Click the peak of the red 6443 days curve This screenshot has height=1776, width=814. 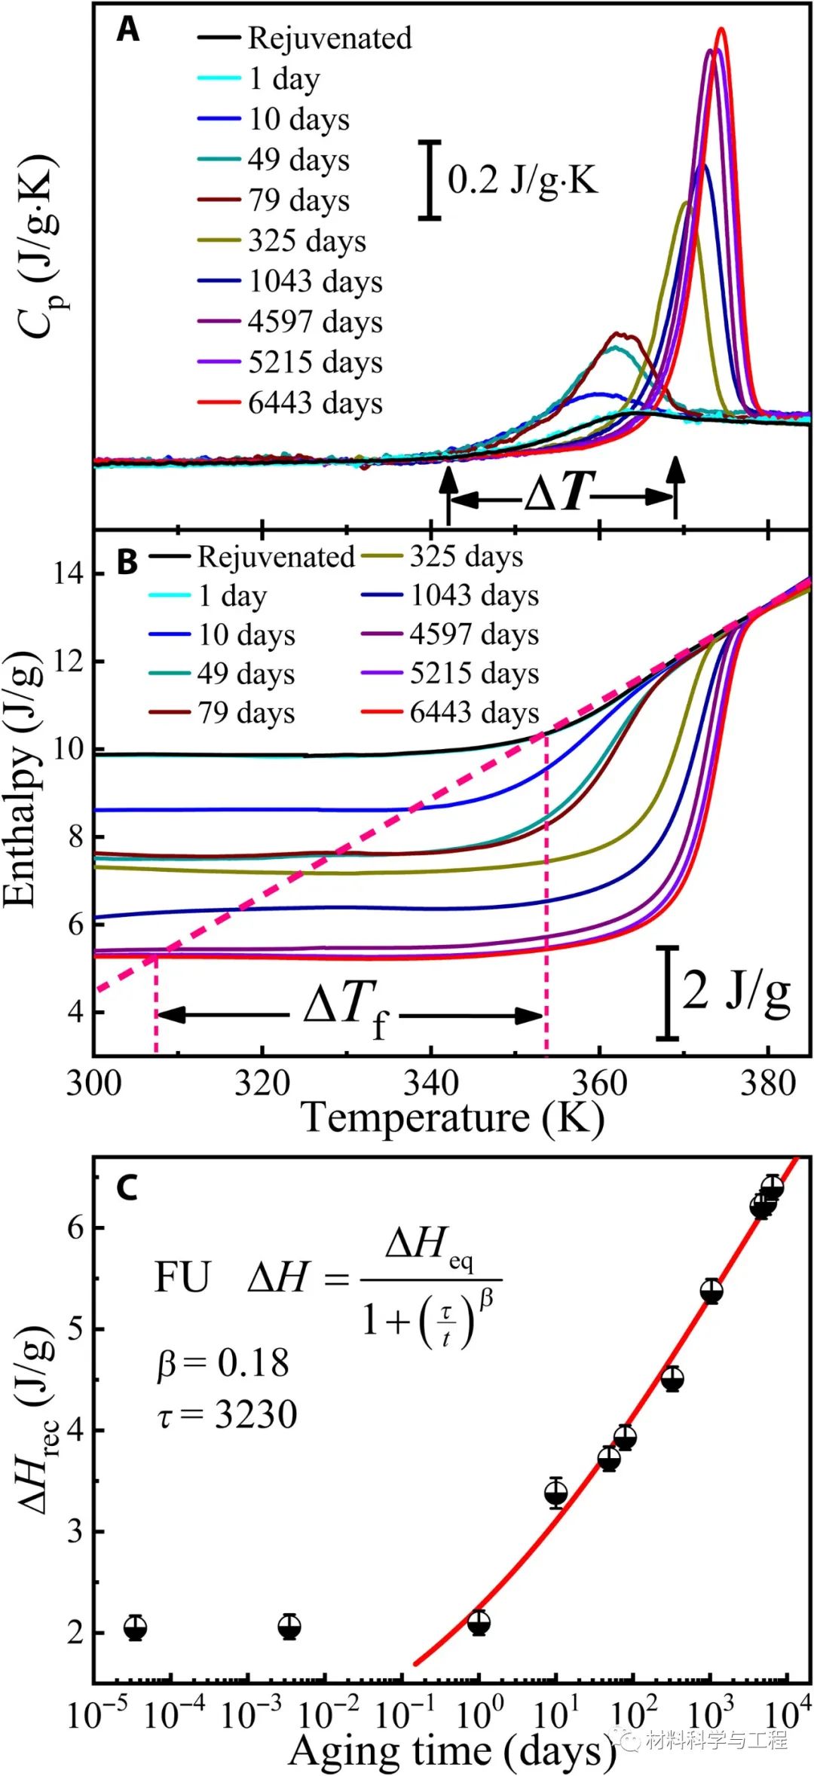pyautogui.click(x=721, y=30)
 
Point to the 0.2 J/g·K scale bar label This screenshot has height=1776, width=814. pyautogui.click(x=522, y=179)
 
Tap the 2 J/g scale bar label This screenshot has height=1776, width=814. pyautogui.click(x=736, y=991)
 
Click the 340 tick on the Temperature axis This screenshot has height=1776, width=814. pyautogui.click(x=430, y=1084)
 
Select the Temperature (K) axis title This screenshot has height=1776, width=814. pyautogui.click(x=452, y=1117)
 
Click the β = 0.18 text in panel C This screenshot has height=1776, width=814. pyautogui.click(x=223, y=1364)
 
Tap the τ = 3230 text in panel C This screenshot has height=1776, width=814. pyautogui.click(x=227, y=1415)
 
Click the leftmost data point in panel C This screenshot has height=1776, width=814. pyautogui.click(x=135, y=1628)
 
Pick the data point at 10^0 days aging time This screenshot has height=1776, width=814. pyautogui.click(x=479, y=1623)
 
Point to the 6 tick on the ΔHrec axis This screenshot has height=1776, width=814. pyautogui.click(x=75, y=1228)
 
